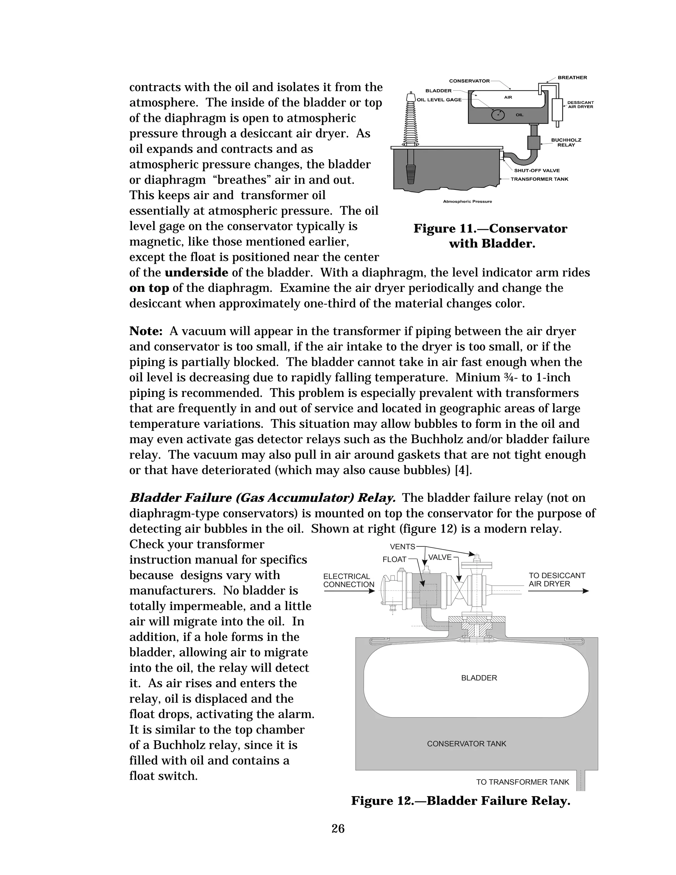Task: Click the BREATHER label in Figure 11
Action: [572, 78]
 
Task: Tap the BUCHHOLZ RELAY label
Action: [566, 142]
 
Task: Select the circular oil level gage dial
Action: [498, 115]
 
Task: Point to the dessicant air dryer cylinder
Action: [557, 109]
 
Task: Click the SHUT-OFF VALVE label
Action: [537, 171]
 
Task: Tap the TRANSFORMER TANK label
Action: [539, 179]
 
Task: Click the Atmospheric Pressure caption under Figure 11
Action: [467, 201]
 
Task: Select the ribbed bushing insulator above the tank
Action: [411, 120]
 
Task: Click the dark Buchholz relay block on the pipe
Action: [533, 143]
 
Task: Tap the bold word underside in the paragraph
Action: [196, 273]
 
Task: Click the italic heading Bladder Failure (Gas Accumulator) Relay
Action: [263, 498]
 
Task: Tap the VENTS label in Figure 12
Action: [402, 547]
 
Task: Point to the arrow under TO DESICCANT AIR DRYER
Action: [558, 591]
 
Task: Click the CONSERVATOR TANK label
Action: [466, 744]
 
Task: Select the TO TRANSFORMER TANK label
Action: [522, 782]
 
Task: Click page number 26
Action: [338, 828]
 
